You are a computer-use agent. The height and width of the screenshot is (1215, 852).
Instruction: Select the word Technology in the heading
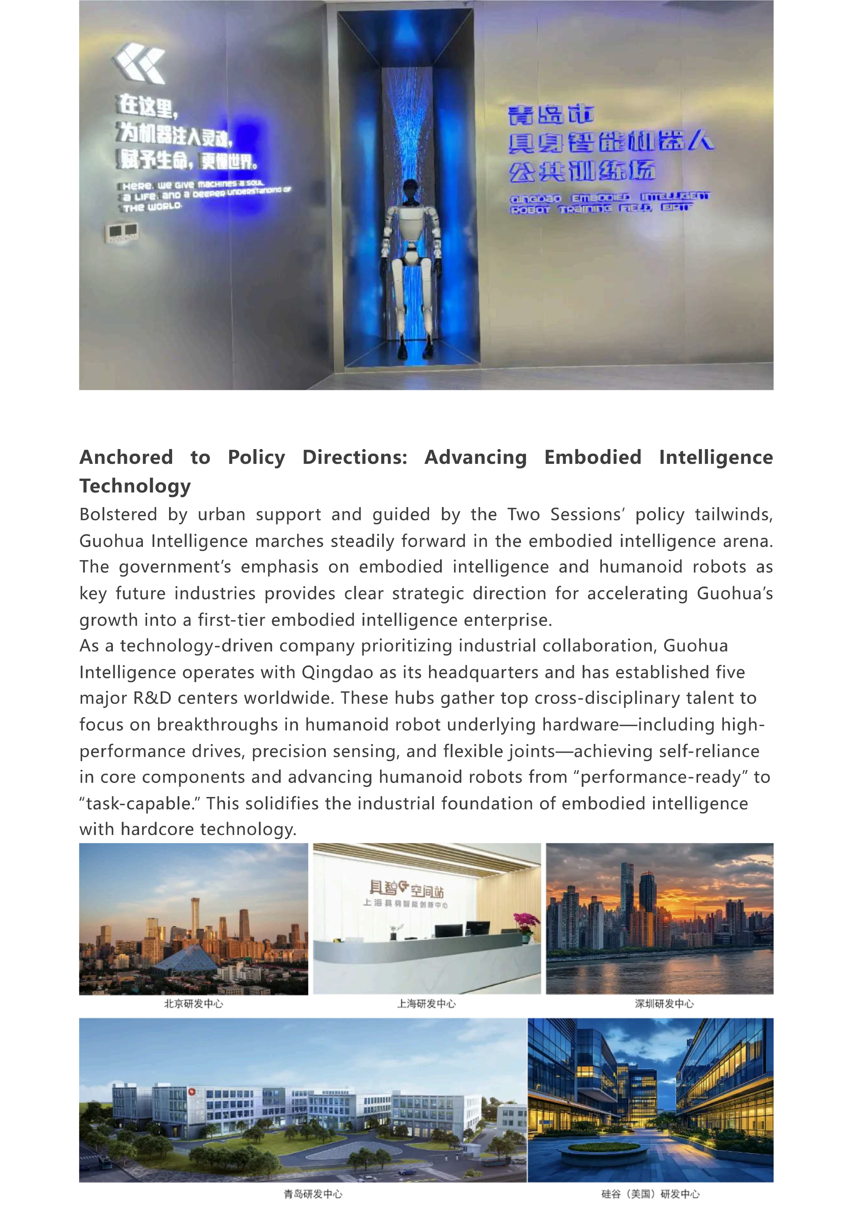click(x=135, y=486)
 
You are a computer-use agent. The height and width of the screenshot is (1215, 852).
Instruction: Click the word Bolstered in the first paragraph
click(x=118, y=514)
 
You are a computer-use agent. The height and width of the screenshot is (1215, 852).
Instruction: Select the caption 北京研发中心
click(x=194, y=1004)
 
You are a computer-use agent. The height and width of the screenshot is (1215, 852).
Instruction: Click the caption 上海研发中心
click(x=426, y=1004)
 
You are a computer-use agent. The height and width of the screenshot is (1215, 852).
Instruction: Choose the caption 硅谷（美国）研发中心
click(x=650, y=1195)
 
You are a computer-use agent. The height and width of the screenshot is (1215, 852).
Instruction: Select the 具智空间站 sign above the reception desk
click(x=406, y=888)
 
